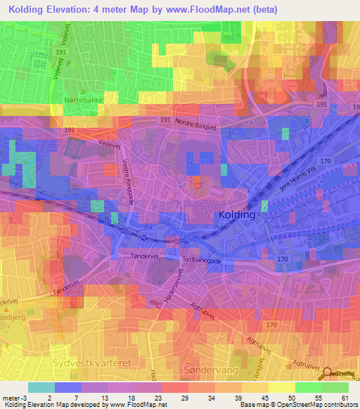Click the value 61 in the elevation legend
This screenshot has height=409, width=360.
coord(345,397)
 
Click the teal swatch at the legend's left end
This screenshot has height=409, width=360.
coord(41,387)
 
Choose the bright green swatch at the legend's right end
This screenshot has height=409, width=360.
coord(335,387)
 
